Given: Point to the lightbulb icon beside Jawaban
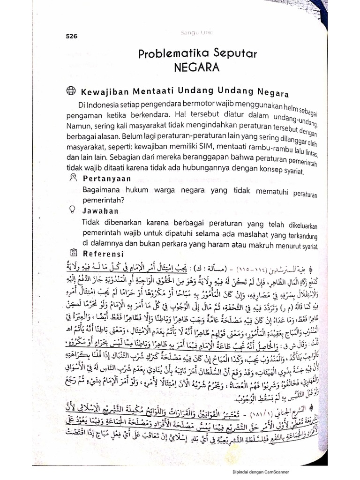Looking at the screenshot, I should (x=72, y=210).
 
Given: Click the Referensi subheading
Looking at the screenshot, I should (x=103, y=254).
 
